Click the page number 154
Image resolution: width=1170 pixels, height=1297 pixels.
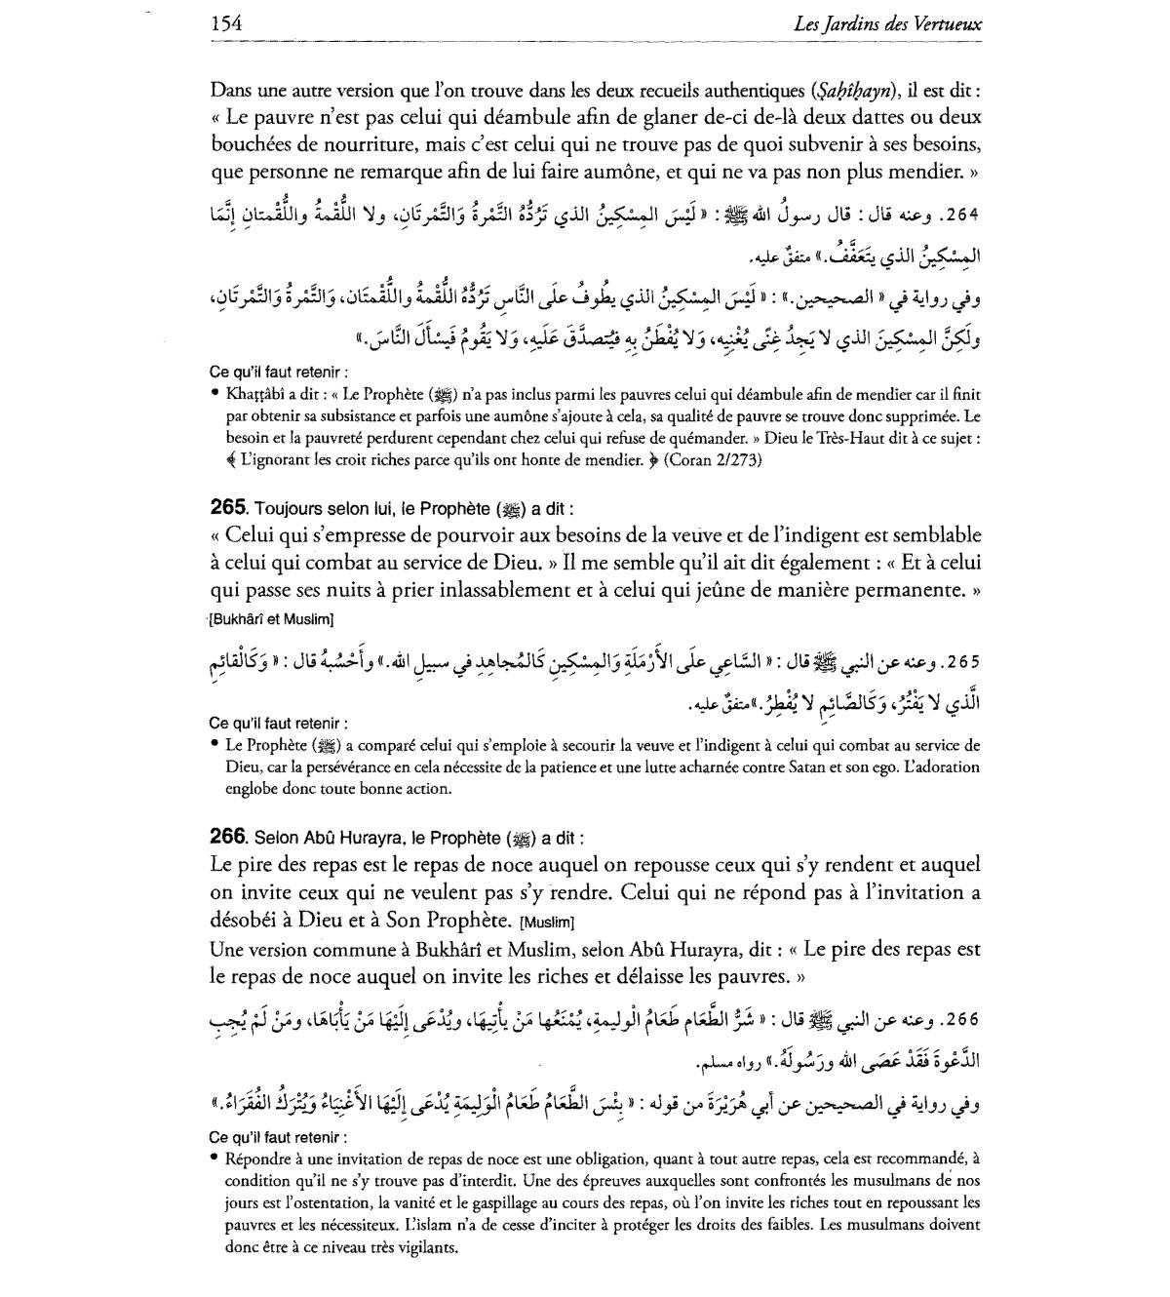pyautogui.click(x=225, y=22)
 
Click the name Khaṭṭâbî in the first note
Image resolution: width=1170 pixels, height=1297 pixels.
pyautogui.click(x=257, y=394)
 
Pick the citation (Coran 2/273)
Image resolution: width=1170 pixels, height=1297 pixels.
pyautogui.click(x=713, y=459)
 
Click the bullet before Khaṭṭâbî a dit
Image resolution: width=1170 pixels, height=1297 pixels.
pyautogui.click(x=214, y=394)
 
